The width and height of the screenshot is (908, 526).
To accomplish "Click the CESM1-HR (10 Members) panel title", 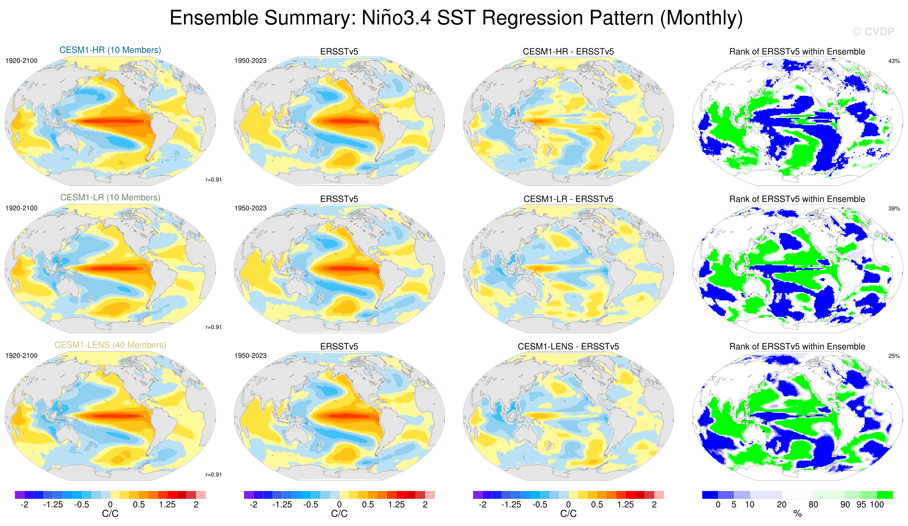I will pyautogui.click(x=110, y=50).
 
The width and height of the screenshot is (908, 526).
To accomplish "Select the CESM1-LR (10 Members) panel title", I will pyautogui.click(x=110, y=198).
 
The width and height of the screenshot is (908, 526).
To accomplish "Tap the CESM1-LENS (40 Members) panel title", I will pyautogui.click(x=110, y=345).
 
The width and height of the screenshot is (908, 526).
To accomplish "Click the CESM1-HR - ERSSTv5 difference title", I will pyautogui.click(x=568, y=52).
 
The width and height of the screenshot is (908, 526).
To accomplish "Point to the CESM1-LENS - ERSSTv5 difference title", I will pyautogui.click(x=568, y=346).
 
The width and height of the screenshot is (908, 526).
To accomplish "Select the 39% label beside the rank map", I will pyautogui.click(x=894, y=209).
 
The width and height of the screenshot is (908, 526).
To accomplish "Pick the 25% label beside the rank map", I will pyautogui.click(x=894, y=356).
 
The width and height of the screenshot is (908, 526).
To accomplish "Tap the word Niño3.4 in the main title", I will pyautogui.click(x=396, y=18).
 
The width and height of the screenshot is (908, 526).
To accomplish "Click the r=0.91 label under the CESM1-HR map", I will pyautogui.click(x=213, y=180).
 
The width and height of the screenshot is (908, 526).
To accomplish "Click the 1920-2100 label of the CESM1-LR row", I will pyautogui.click(x=21, y=208).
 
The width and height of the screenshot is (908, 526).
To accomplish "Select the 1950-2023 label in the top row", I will pyautogui.click(x=250, y=61).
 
